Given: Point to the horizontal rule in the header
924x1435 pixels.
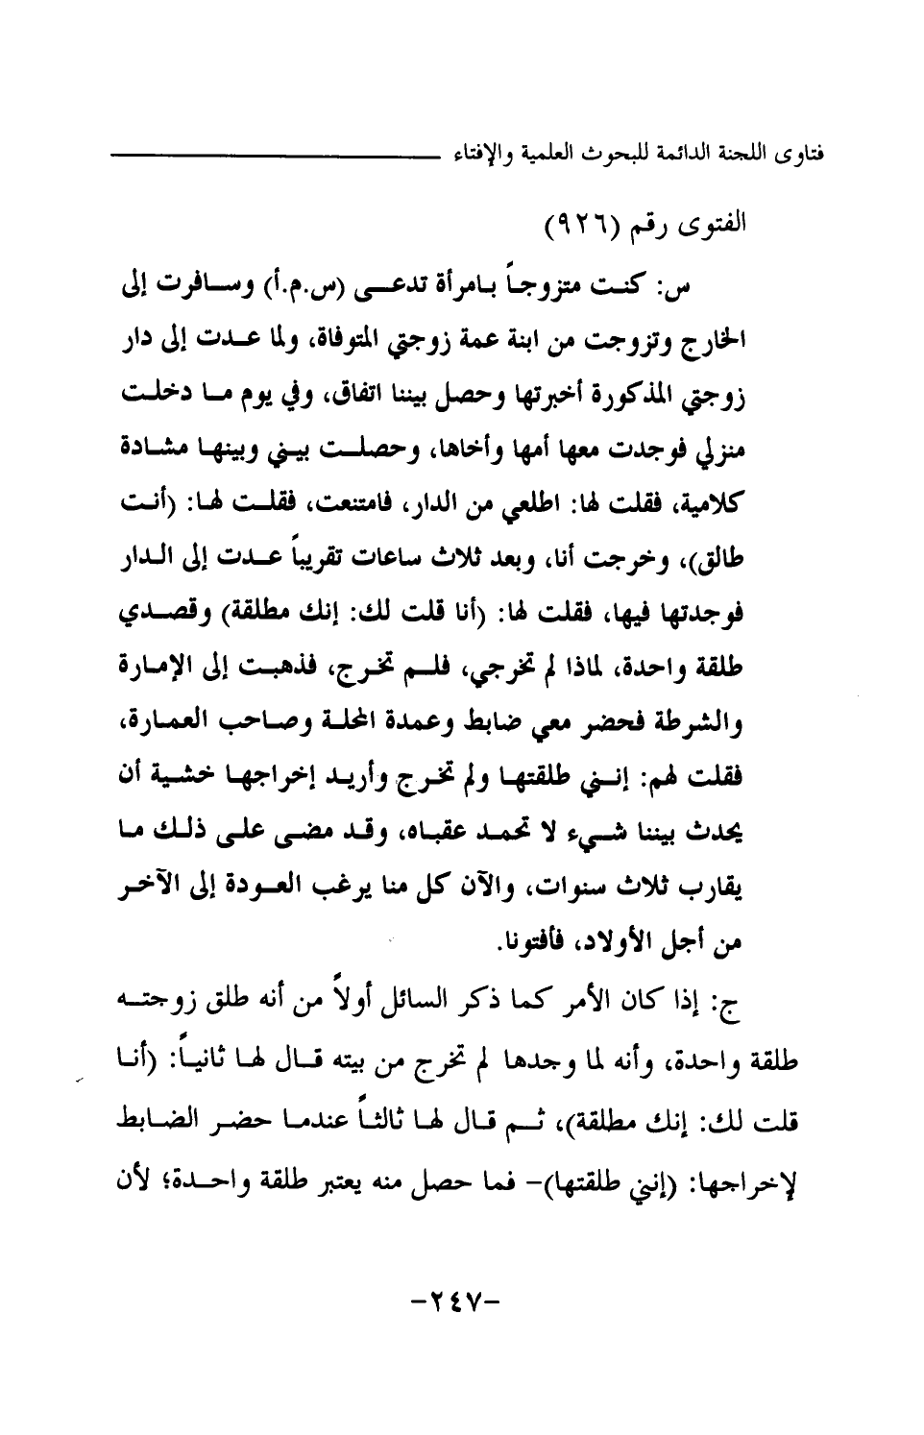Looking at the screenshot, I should tap(279, 154).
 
